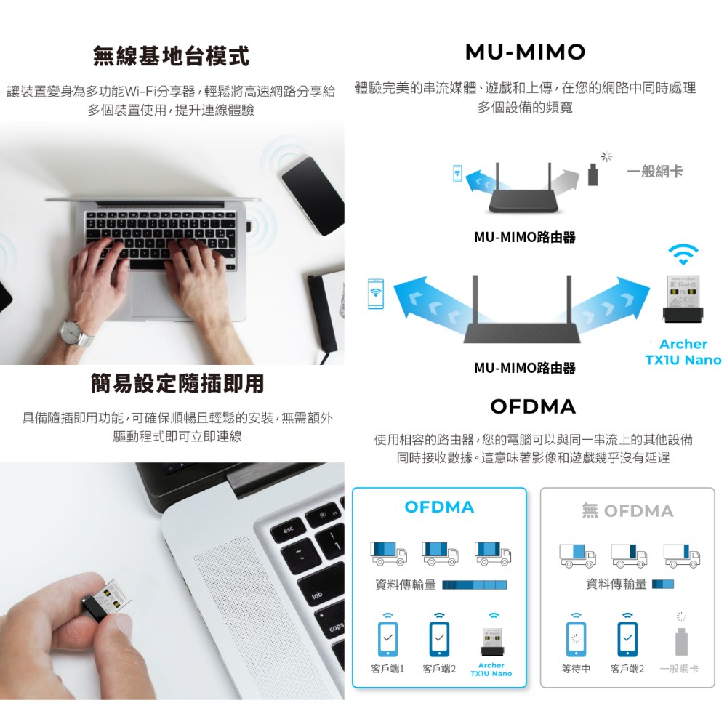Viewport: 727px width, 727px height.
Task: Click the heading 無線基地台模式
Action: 171,56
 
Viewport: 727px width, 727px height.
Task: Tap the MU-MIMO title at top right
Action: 526,52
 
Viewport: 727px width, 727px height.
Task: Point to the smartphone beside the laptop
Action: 312,196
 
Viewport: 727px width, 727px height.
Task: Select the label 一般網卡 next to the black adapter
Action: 655,172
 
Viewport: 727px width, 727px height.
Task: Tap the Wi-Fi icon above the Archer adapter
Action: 683,254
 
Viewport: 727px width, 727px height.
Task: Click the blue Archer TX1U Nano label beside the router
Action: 683,352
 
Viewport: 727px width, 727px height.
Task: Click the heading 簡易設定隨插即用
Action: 177,383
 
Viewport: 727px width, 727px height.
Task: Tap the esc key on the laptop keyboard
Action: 289,531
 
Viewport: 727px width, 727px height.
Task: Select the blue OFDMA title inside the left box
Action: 440,507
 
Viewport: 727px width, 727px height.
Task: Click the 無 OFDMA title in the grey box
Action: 627,510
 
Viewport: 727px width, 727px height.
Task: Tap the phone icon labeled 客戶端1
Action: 387,639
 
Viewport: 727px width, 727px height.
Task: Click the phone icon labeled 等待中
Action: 576,639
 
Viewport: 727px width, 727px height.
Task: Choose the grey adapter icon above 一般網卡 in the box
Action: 680,641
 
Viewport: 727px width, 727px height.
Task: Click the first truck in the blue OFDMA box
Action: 388,553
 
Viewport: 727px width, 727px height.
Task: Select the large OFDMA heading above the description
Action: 533,406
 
